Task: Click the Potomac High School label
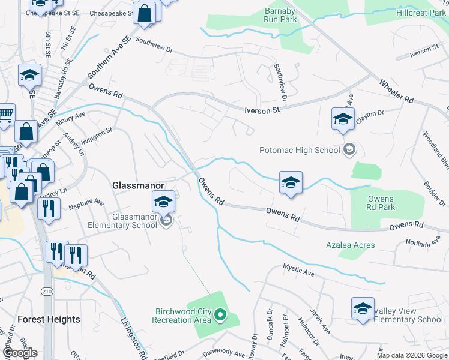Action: pyautogui.click(x=299, y=150)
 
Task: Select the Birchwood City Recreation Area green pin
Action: pyautogui.click(x=221, y=314)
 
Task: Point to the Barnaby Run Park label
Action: pyautogui.click(x=280, y=15)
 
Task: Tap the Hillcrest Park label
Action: pyautogui.click(x=421, y=13)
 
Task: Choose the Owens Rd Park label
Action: pyautogui.click(x=381, y=203)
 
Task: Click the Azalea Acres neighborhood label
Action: pyautogui.click(x=350, y=245)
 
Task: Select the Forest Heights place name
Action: pyautogui.click(x=49, y=319)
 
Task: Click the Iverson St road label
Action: pyautogui.click(x=262, y=110)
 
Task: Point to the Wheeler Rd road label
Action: pyautogui.click(x=396, y=90)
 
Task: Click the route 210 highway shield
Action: pyautogui.click(x=47, y=291)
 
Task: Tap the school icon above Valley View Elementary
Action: pyautogui.click(x=363, y=309)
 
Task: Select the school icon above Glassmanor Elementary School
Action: pyautogui.click(x=163, y=202)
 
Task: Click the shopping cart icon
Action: pyautogui.click(x=5, y=113)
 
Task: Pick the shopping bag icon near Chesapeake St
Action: pyautogui.click(x=145, y=13)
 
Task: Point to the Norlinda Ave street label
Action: pyautogui.click(x=423, y=243)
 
